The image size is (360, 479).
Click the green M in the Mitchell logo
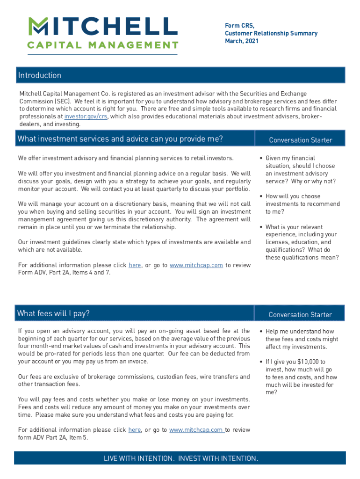[x=39, y=27]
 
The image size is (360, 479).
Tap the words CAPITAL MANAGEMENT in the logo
[x=102, y=45]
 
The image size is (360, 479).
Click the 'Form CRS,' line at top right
[x=239, y=26]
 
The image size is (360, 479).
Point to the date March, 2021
[x=242, y=41]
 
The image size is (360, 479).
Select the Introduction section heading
[x=40, y=75]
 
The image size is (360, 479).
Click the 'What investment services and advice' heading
[x=120, y=139]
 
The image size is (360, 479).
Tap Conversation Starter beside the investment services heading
[x=301, y=140]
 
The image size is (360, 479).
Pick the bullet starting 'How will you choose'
[x=302, y=204]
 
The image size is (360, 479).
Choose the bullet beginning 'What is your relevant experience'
[x=302, y=242]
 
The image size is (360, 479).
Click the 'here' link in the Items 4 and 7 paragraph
[x=135, y=265]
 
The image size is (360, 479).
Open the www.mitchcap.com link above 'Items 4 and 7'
[x=196, y=265]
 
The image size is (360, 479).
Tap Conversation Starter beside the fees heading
[x=300, y=315]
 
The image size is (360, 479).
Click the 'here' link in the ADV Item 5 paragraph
[x=135, y=430]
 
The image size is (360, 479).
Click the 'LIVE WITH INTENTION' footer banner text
[x=180, y=458]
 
